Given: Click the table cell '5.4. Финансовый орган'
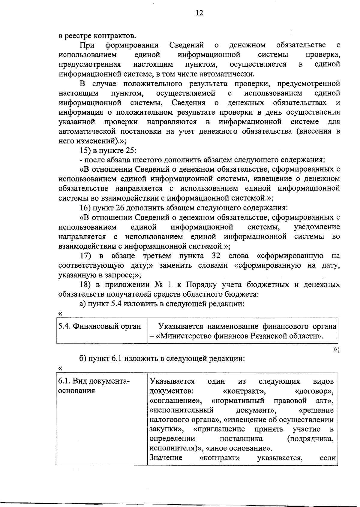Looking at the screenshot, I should [100, 326].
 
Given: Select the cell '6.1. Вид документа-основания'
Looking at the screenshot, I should [94, 386].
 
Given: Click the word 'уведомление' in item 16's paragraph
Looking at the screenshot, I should [317, 227].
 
